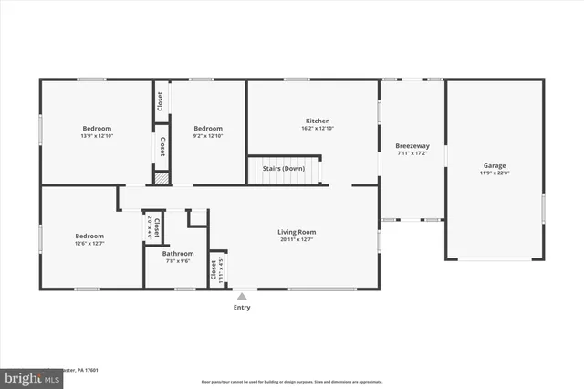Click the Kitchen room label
(x=318, y=121)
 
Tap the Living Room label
(x=297, y=232)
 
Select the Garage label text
(x=495, y=165)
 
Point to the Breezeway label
(x=412, y=146)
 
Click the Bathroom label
(x=178, y=253)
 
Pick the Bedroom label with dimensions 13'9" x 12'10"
(x=97, y=128)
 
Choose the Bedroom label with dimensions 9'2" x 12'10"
(x=207, y=128)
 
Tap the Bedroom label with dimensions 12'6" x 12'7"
(x=89, y=236)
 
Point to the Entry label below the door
(x=242, y=307)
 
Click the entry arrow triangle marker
(x=242, y=295)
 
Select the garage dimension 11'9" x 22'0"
(x=495, y=173)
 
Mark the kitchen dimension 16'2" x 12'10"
(x=318, y=129)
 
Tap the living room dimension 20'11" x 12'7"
(x=297, y=240)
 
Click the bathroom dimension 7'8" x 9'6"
(x=178, y=261)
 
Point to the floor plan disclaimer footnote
(x=292, y=381)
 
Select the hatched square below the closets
(x=162, y=179)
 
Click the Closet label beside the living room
(x=214, y=269)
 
